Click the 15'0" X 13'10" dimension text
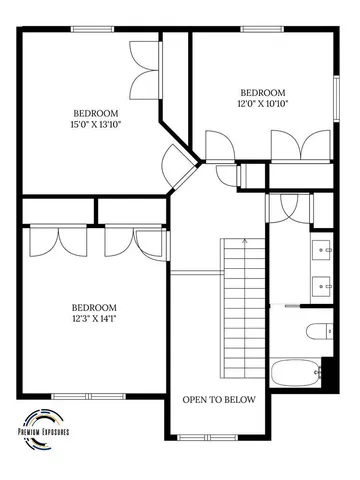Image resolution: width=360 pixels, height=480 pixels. (95, 125)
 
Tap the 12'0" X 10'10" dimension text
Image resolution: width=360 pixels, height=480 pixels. (263, 103)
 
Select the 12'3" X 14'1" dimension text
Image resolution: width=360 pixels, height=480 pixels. (94, 320)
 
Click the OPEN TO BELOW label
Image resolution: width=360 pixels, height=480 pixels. (219, 400)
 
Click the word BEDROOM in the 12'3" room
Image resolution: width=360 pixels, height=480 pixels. (94, 307)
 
